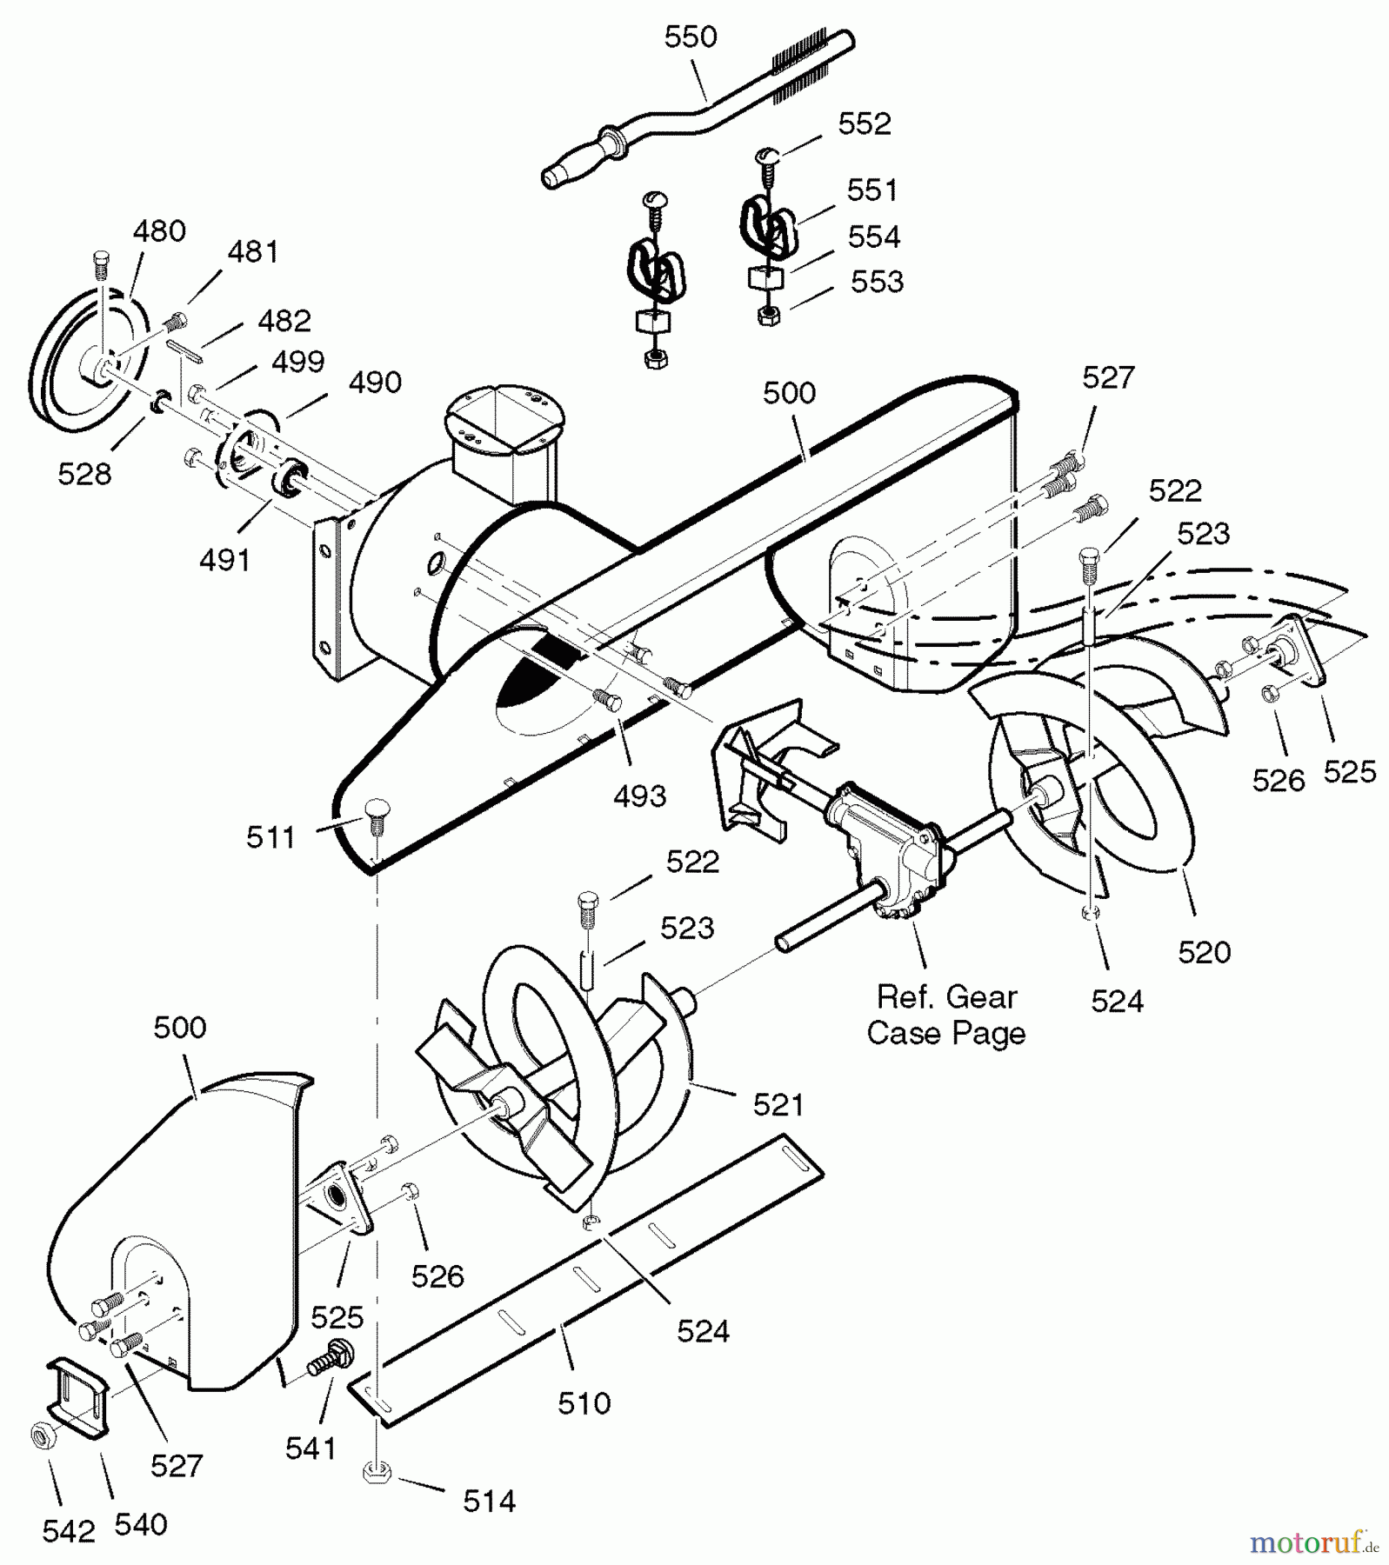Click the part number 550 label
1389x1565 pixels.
tap(690, 37)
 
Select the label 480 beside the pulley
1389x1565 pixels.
tap(159, 231)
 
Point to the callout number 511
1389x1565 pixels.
tap(270, 838)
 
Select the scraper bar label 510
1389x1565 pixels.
tap(584, 1402)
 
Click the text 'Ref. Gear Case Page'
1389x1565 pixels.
tap(946, 1015)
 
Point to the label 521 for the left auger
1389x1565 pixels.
tap(778, 1105)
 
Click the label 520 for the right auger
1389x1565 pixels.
tap(1204, 953)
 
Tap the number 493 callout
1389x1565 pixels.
tap(639, 796)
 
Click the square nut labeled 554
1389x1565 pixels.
tap(765, 278)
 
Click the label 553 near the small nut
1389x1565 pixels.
tap(877, 282)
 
